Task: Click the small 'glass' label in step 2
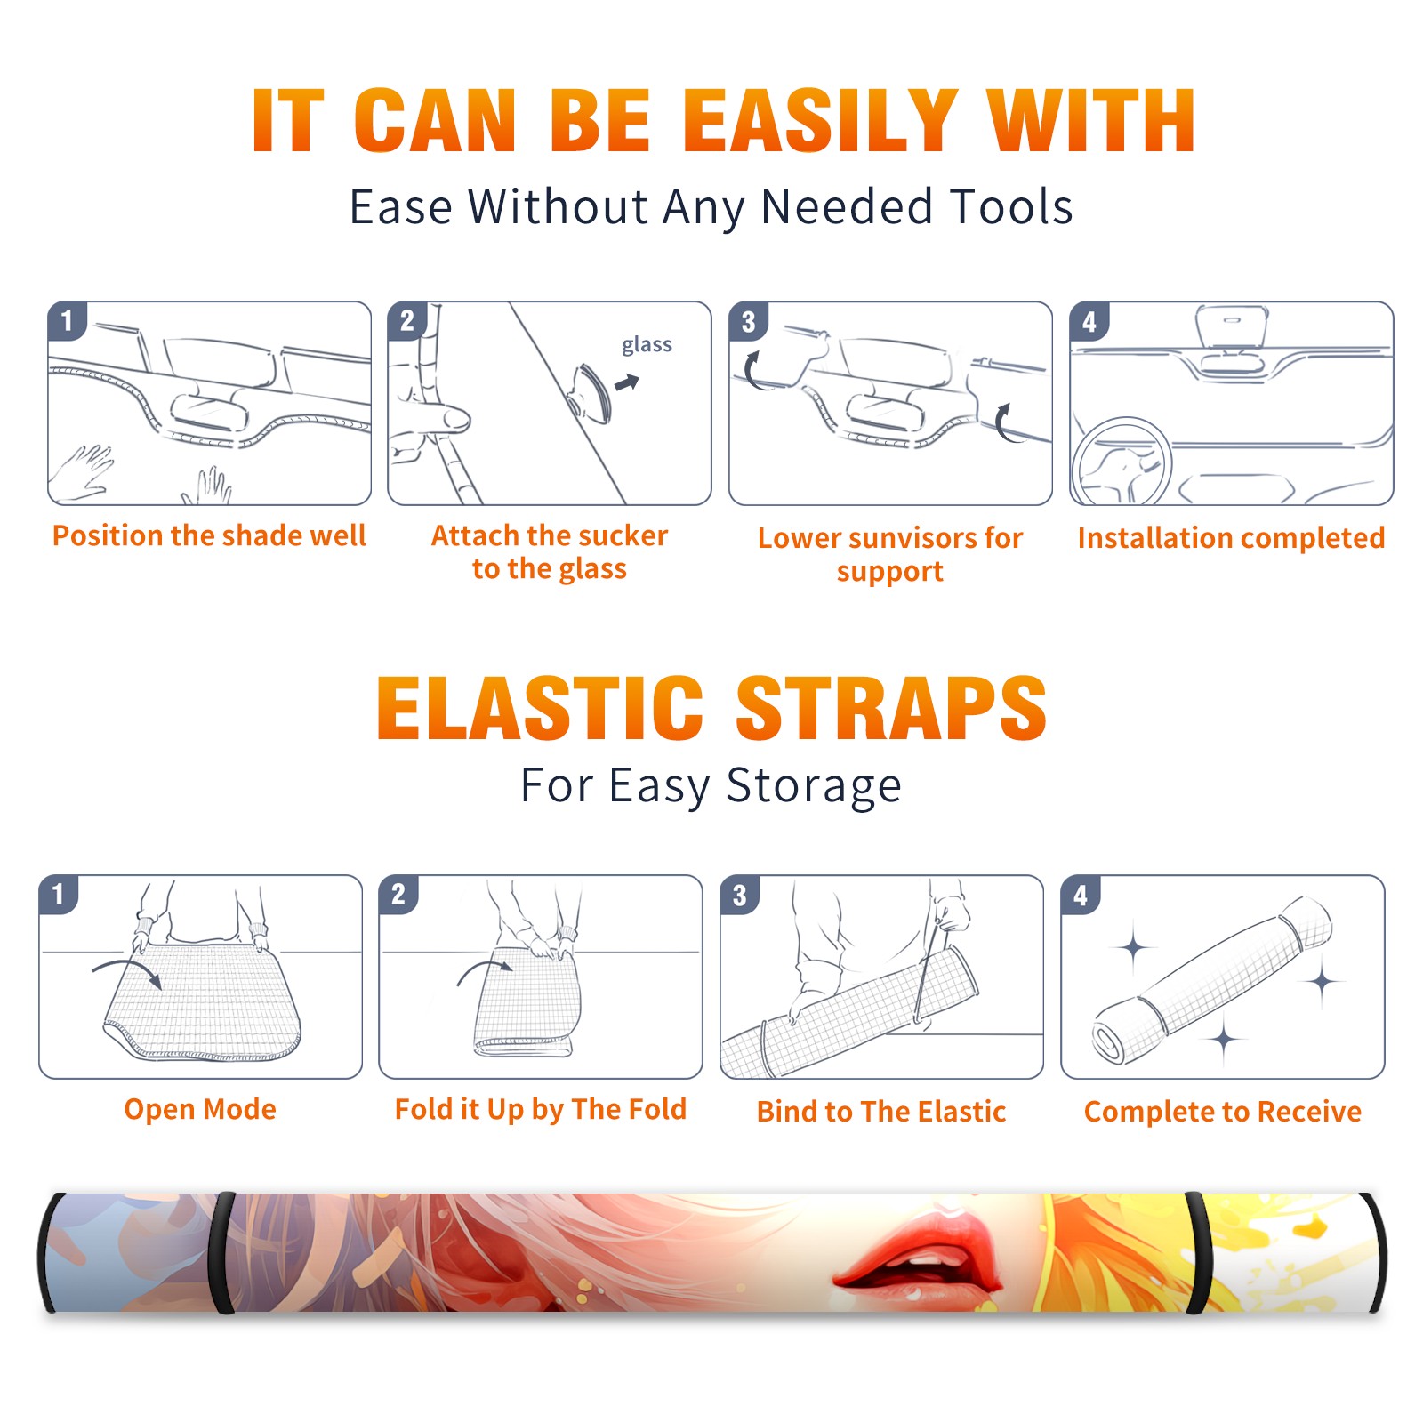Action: tap(647, 344)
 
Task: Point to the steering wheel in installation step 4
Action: tap(1122, 461)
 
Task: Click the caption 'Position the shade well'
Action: tap(209, 535)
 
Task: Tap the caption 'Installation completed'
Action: tap(1231, 537)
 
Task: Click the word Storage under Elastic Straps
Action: tap(814, 786)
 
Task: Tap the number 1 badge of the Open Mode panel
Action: tap(59, 894)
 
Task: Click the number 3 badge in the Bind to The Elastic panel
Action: tap(740, 895)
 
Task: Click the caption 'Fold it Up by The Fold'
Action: tap(541, 1109)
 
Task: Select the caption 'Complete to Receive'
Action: tap(1223, 1112)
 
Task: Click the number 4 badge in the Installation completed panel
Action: tap(1089, 321)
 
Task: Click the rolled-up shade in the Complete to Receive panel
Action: tap(1211, 980)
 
